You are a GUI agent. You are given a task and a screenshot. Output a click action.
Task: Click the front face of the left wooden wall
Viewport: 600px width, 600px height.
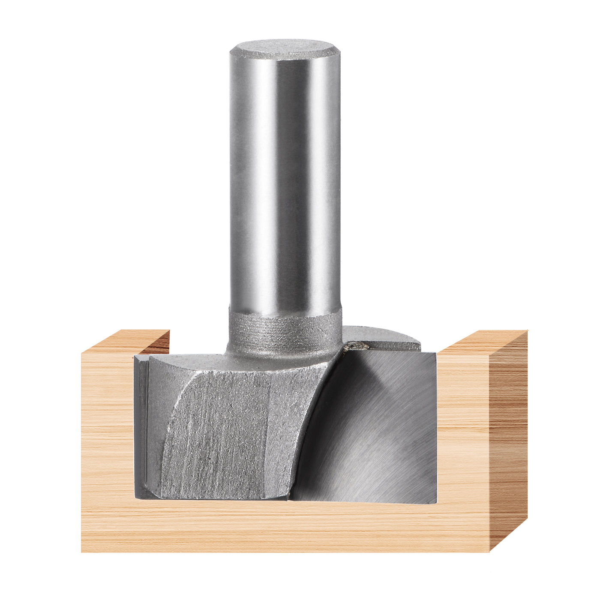coord(107,429)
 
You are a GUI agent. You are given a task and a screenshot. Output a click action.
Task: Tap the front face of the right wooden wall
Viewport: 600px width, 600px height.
coord(463,429)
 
